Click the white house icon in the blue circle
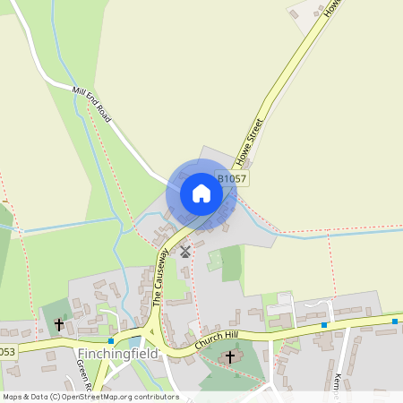point(201,193)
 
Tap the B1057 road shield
point(231,178)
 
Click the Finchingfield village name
point(117,353)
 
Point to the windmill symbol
point(185,252)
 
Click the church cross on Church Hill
point(229,356)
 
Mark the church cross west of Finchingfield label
point(60,325)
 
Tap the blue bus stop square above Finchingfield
point(111,340)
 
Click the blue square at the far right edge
point(394,321)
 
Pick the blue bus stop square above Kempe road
point(326,325)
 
